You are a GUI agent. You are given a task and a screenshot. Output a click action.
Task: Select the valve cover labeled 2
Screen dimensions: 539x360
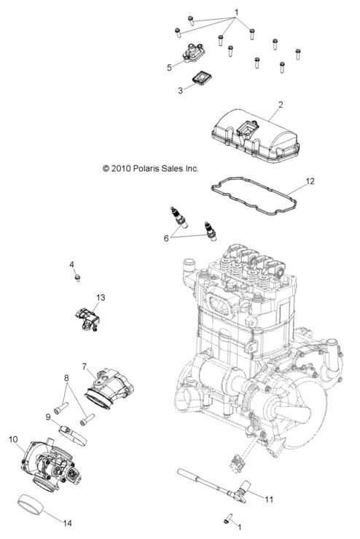click(251, 135)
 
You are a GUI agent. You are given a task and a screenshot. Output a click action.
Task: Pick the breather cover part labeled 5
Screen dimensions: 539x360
click(193, 53)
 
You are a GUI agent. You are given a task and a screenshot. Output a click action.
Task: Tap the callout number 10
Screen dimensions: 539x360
click(13, 439)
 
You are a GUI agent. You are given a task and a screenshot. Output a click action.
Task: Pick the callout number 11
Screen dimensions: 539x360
click(268, 500)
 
